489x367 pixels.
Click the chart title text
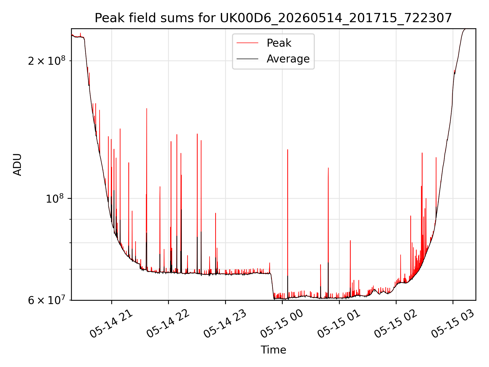[273, 18]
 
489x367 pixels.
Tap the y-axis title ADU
[17, 164]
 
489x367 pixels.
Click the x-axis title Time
[273, 350]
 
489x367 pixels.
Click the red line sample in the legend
[247, 43]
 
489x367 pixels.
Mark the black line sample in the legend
[247, 59]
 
